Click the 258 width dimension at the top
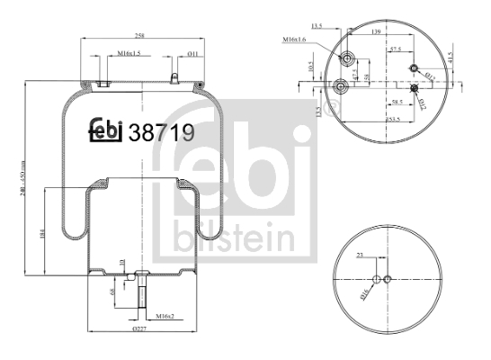139,34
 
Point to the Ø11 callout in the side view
193,54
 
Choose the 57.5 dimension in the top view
395,52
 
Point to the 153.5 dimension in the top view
392,118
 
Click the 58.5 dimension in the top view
397,104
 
